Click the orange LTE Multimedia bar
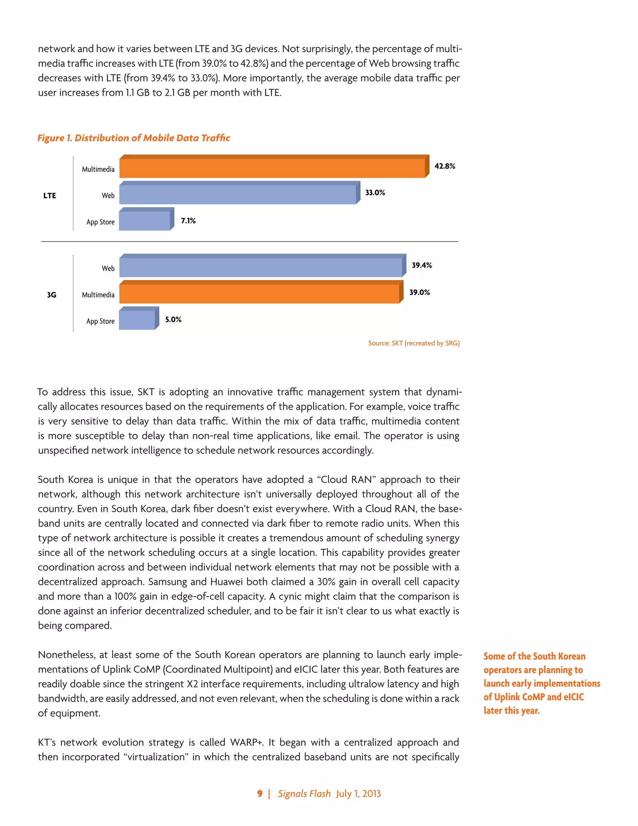point(272,168)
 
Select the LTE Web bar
point(237,195)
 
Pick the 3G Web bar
point(261,267)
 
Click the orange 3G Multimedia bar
point(259,294)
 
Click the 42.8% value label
point(445,166)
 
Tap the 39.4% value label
point(421,265)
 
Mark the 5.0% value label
point(173,319)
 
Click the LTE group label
point(50,195)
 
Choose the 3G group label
point(51,295)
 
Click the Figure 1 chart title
point(133,138)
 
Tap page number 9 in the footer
point(260,794)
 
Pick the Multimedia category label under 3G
point(98,295)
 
